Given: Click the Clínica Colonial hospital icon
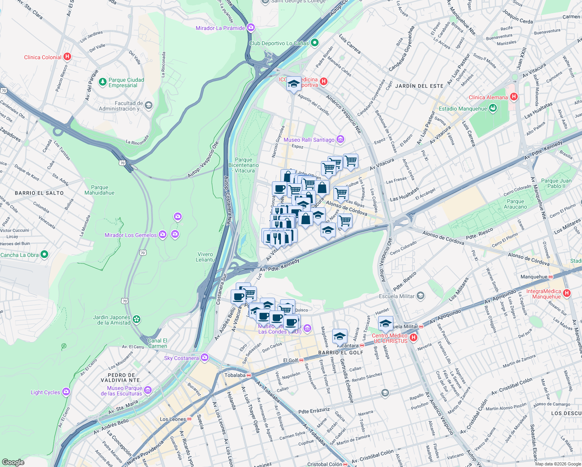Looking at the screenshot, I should [67, 57].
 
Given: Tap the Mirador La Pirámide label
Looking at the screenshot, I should [220, 28].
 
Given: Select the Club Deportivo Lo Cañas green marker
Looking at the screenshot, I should [315, 43].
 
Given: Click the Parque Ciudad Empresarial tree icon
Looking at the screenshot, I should [102, 82].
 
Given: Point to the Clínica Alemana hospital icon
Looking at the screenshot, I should [514, 97].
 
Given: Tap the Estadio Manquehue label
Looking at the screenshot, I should [463, 109].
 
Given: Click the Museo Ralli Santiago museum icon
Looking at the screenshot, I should [340, 139].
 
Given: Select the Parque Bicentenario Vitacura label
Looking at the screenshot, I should [244, 165].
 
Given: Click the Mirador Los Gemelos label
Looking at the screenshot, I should [130, 235].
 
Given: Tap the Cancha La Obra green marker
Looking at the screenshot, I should [44, 255].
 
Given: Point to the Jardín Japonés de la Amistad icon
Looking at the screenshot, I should [136, 320].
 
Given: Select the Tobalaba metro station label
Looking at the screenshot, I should [235, 375].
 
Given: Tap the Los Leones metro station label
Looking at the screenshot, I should [173, 419].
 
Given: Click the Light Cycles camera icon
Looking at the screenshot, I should [66, 392].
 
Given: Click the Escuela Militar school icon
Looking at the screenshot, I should [420, 296].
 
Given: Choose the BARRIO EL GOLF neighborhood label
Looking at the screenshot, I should [340, 353].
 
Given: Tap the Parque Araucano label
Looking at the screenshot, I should [515, 204].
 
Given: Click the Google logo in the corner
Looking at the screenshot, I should [13, 462].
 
